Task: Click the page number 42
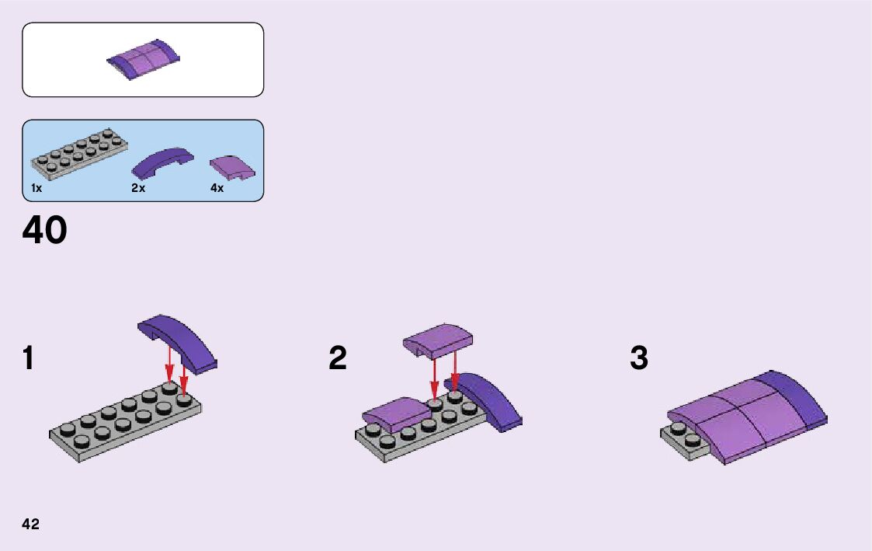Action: [31, 524]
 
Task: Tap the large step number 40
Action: [45, 231]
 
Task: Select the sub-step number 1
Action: [29, 359]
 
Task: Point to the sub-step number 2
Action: [338, 359]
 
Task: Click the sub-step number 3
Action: [638, 359]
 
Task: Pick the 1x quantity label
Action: [36, 189]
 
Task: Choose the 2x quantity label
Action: [138, 189]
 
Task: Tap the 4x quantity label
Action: [217, 189]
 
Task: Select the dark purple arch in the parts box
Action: [162, 162]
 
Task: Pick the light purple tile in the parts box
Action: [232, 166]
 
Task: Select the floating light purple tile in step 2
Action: [439, 339]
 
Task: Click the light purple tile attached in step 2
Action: [396, 413]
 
